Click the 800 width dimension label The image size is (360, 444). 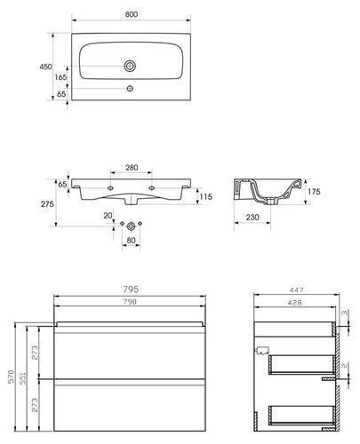(132, 14)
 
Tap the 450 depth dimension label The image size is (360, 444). (46, 67)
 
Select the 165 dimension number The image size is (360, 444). (60, 77)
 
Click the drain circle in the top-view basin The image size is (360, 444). (130, 66)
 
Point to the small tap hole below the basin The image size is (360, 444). (130, 88)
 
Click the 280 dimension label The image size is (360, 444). (132, 168)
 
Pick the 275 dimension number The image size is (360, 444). (47, 204)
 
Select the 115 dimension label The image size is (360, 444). (206, 196)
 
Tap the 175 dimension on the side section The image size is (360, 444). (314, 192)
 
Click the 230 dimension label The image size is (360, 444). (252, 218)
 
